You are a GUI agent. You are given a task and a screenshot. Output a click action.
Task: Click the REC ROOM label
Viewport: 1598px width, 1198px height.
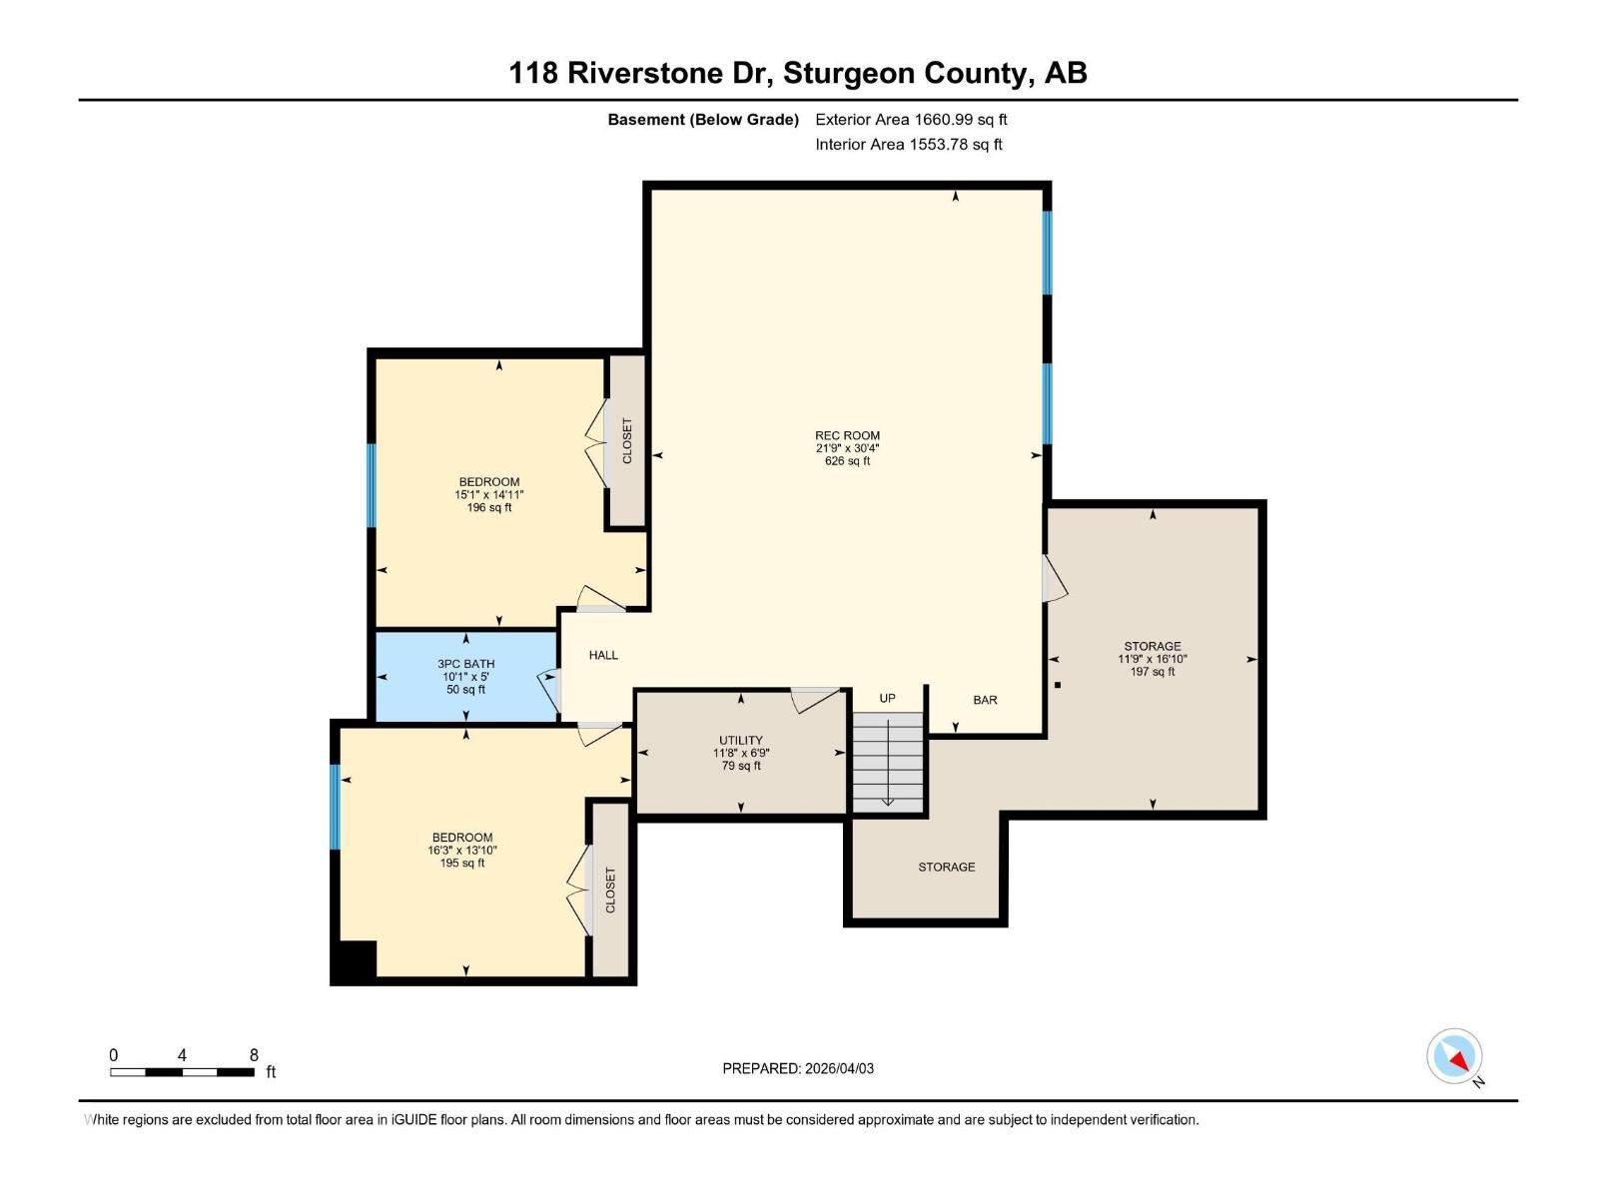coord(847,435)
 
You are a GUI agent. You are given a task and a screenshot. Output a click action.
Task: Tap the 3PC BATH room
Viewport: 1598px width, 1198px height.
coord(465,676)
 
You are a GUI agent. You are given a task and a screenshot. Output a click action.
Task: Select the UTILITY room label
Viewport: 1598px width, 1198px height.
coord(740,741)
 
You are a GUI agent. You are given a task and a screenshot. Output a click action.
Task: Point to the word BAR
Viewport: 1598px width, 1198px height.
coord(985,700)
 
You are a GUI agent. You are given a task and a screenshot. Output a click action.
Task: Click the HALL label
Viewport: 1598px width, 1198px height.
coord(603,655)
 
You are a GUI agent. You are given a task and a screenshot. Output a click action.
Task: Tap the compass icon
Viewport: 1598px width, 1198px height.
coord(1454,1057)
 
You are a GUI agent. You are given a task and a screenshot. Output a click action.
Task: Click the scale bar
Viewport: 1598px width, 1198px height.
coord(182,1072)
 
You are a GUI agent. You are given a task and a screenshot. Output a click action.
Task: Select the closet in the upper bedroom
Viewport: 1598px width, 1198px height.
coord(627,440)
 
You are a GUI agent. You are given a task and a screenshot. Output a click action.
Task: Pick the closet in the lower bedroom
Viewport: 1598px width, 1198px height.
coord(610,890)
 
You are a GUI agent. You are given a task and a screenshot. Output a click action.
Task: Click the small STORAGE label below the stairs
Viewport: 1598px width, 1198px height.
coord(946,867)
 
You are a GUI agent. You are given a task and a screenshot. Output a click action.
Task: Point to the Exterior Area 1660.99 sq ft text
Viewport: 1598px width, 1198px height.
coord(911,119)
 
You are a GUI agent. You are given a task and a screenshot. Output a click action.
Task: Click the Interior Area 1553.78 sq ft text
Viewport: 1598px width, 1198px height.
coord(908,144)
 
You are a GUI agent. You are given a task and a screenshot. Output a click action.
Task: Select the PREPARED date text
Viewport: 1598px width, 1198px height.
coord(798,1068)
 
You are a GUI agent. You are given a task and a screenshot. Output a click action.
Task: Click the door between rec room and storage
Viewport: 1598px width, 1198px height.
coord(1054,579)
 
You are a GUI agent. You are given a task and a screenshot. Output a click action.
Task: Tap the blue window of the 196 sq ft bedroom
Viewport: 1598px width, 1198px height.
coord(372,485)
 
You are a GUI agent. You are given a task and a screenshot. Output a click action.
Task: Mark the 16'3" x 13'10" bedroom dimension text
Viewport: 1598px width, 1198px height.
coord(462,851)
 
